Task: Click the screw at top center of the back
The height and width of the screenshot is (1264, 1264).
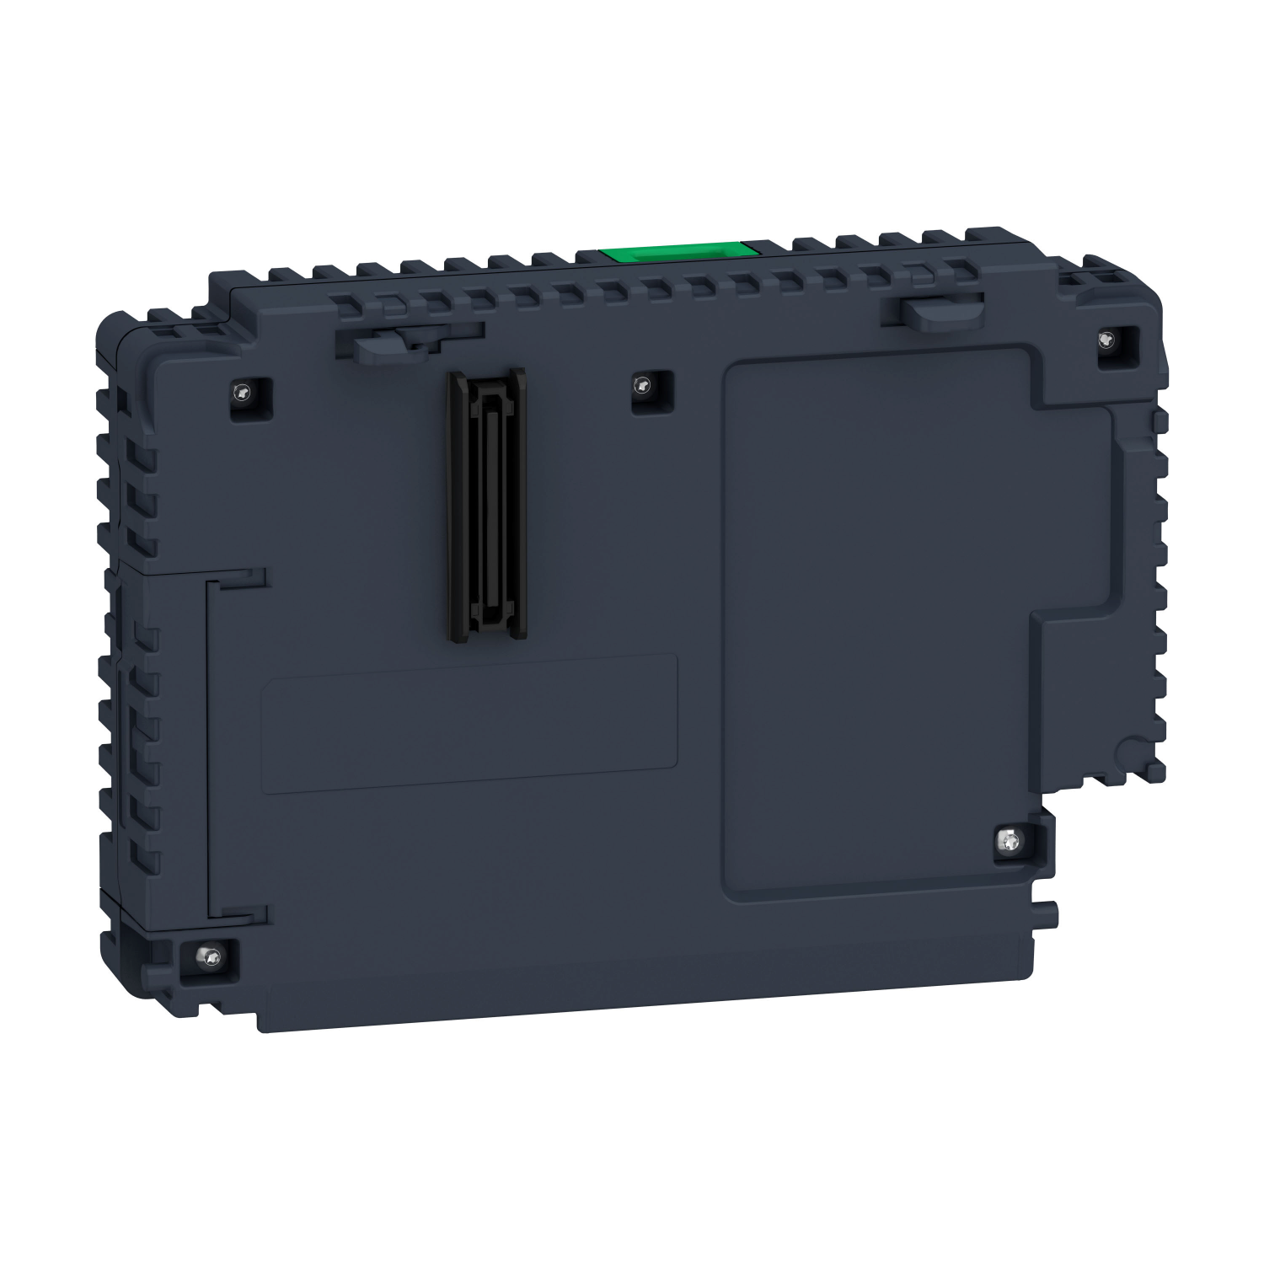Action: (x=644, y=387)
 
